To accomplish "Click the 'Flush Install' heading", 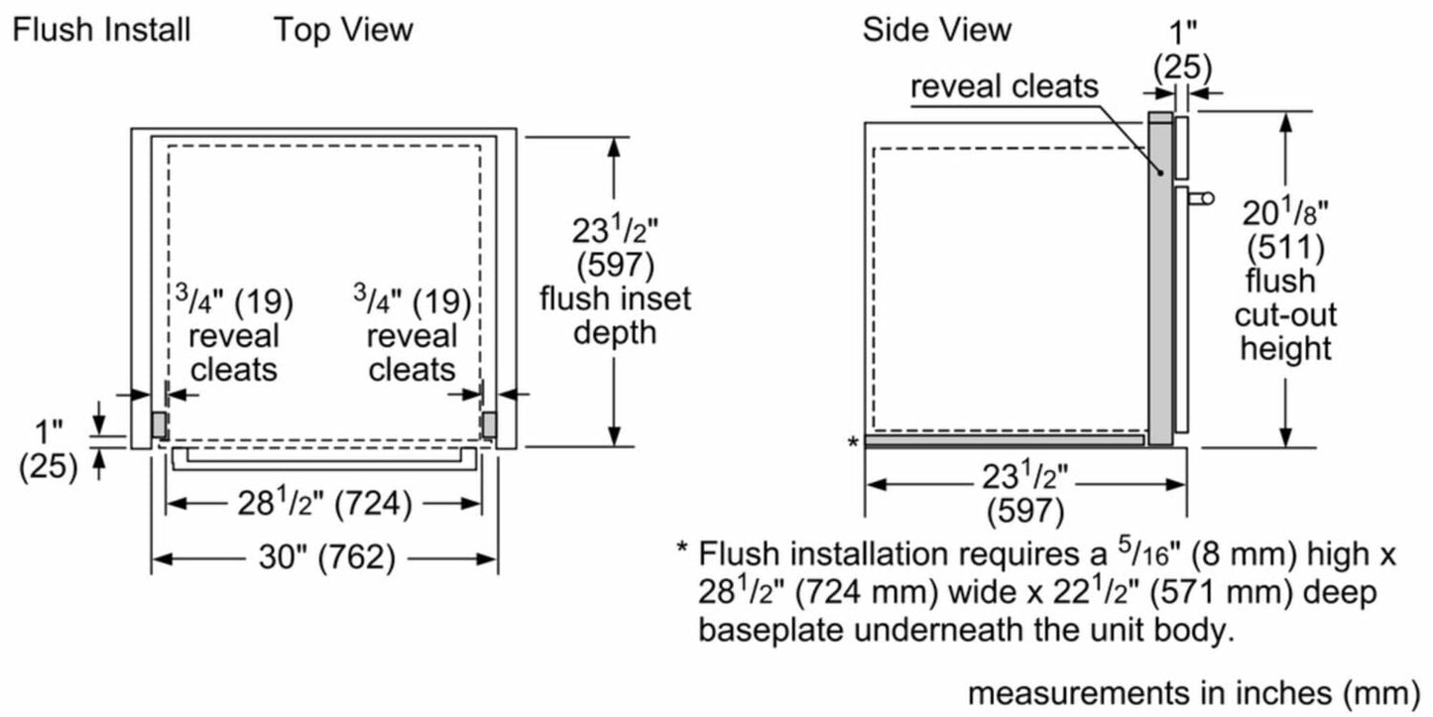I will [100, 30].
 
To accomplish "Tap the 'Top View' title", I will [343, 30].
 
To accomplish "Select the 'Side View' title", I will [936, 30].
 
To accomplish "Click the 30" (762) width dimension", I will [323, 559].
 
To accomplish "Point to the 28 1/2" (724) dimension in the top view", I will [323, 505].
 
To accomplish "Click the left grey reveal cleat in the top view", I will [158, 424].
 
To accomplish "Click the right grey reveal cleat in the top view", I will [489, 424].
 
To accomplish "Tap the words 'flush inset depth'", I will [615, 314].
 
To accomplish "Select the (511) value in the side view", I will [1284, 247].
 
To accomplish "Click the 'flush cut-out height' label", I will [1285, 314].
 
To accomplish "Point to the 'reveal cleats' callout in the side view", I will [1005, 87].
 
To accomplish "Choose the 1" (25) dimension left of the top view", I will [49, 449].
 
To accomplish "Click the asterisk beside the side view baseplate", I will [853, 442].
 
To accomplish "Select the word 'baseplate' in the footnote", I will [772, 629].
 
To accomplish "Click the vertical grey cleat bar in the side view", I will [1158, 278].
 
